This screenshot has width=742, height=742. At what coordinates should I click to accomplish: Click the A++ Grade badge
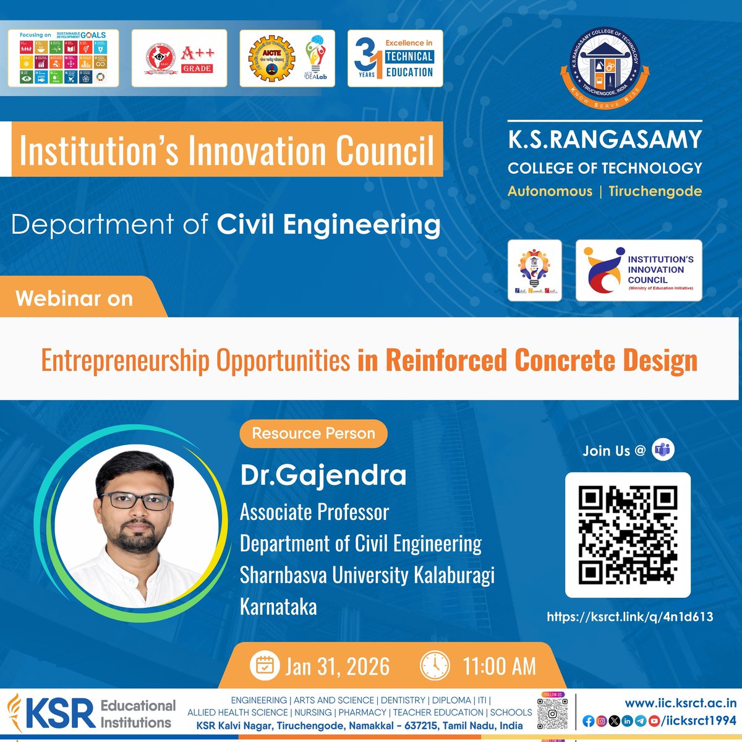[x=179, y=58]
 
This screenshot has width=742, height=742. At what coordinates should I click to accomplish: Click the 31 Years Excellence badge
[x=394, y=58]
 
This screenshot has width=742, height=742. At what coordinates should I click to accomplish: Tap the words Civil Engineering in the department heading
[x=328, y=224]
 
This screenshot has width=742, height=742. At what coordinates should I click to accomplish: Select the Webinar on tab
[x=75, y=298]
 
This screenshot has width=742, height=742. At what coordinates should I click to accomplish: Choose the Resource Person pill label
[x=313, y=433]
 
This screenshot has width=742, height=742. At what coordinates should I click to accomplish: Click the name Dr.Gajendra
[x=323, y=475]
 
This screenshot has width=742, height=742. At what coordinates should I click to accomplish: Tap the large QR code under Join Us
[x=628, y=535]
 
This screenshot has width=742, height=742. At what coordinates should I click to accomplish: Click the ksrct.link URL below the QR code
[x=629, y=616]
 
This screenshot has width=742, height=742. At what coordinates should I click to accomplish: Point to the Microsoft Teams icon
[x=664, y=450]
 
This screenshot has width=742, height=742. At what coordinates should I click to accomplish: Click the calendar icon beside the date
[x=264, y=665]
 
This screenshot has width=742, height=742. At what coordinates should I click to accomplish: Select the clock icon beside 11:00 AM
[x=435, y=665]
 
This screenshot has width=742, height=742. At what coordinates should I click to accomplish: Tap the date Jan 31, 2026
[x=338, y=666]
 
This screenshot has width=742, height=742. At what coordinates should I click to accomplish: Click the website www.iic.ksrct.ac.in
[x=680, y=702]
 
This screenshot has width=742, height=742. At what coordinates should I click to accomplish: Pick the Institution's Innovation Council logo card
[x=638, y=270]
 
